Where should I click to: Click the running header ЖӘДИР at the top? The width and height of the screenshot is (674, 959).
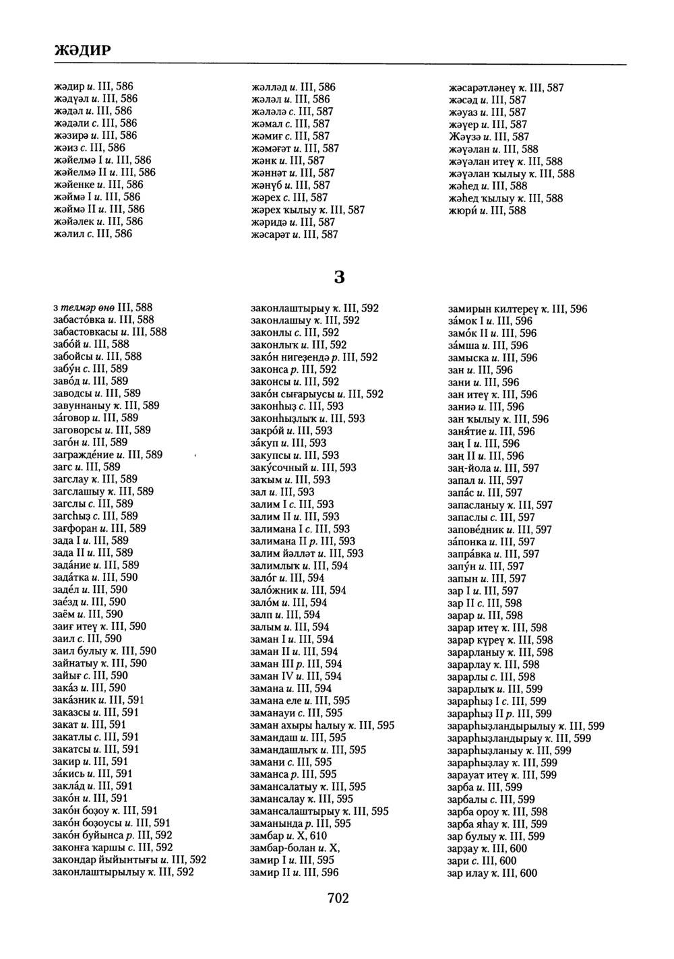pyautogui.click(x=82, y=51)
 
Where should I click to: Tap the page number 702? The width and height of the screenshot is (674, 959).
pyautogui.click(x=338, y=898)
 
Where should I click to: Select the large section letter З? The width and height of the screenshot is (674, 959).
pyautogui.click(x=340, y=276)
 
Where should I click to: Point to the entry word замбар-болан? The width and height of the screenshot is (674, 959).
pyautogui.click(x=283, y=848)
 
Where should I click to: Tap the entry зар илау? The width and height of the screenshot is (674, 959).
pyautogui.click(x=468, y=873)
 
